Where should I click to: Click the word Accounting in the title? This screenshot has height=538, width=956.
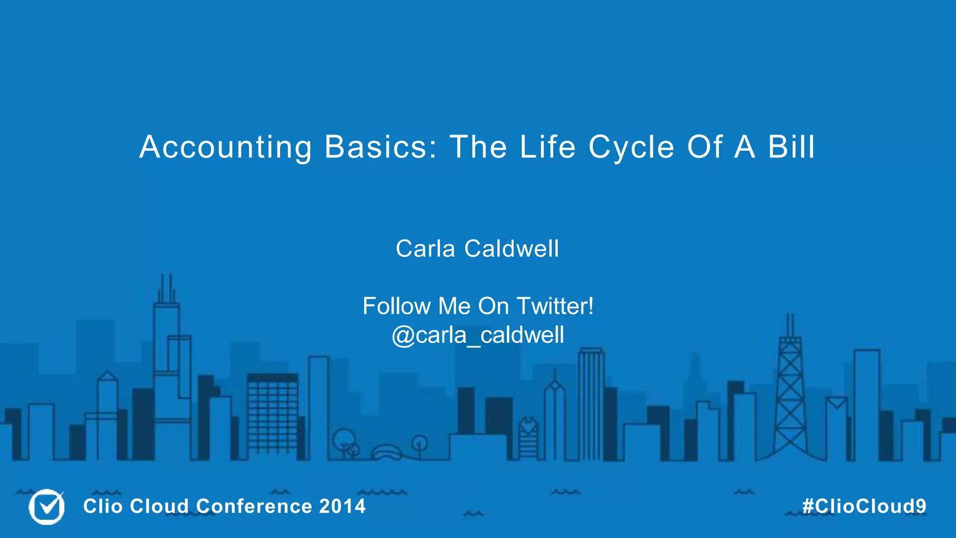tap(225, 148)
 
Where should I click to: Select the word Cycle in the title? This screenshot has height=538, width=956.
tap(632, 148)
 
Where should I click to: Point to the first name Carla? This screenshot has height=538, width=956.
tap(425, 248)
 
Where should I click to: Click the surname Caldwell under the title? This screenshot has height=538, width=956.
tap(512, 248)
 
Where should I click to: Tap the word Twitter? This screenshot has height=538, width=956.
tap(555, 306)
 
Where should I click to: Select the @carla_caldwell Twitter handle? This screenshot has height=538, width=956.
tap(478, 335)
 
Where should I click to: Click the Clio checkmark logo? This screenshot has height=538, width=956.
tap(47, 507)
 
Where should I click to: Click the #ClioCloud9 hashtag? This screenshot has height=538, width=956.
tap(864, 506)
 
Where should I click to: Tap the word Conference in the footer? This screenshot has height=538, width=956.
tap(254, 506)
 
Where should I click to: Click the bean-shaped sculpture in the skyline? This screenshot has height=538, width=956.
tap(387, 453)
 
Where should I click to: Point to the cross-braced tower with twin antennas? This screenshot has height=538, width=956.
tap(790, 397)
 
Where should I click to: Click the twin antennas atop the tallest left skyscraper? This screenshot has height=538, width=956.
tap(166, 287)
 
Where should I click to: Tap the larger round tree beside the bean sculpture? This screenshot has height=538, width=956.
tap(344, 439)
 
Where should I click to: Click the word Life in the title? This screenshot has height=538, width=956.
tap(548, 148)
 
